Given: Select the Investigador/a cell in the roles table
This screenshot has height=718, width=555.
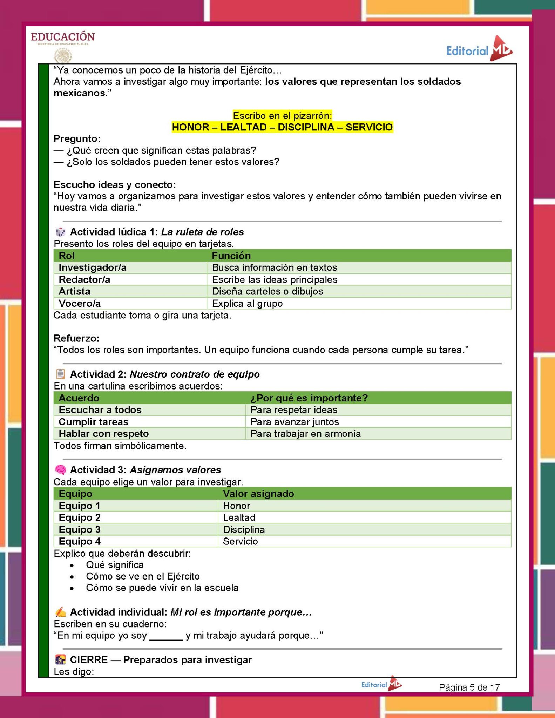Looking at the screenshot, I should (x=93, y=267).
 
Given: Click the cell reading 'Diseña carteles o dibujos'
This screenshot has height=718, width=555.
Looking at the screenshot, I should (x=268, y=291).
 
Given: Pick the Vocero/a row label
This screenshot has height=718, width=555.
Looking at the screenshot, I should (x=80, y=303).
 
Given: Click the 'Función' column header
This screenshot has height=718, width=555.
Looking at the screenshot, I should (x=231, y=256).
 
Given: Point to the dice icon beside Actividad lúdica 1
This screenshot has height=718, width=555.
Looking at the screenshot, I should (x=60, y=232).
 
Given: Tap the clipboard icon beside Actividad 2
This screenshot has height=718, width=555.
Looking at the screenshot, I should (x=60, y=374).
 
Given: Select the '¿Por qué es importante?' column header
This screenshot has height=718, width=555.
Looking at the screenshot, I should (x=309, y=398).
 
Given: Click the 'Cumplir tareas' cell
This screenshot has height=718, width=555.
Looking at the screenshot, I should (x=93, y=422).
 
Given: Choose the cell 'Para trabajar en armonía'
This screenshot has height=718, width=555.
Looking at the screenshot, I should (x=305, y=434).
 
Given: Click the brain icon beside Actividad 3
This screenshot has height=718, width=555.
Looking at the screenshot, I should (x=60, y=469).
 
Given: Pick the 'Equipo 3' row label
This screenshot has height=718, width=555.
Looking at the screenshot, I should (x=80, y=529).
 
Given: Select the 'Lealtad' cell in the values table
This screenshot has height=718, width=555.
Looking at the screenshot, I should (x=239, y=517).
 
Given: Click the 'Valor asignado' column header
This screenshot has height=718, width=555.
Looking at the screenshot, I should (x=258, y=494).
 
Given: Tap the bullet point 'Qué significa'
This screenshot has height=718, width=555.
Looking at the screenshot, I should (x=115, y=565).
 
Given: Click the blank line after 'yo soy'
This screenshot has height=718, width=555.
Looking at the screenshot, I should (x=166, y=636).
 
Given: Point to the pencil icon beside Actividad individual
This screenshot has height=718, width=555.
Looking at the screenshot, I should (x=60, y=612).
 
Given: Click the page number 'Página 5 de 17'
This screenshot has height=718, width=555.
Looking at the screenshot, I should (x=469, y=687).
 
